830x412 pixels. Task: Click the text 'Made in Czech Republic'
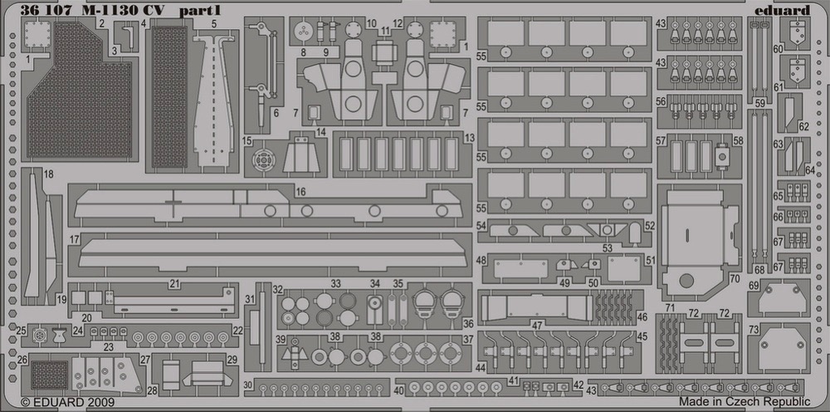(x=745, y=401)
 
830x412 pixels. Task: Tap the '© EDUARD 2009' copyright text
(x=67, y=403)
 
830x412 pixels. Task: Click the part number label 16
(x=300, y=192)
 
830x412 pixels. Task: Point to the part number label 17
(x=74, y=240)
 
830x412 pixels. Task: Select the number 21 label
(x=174, y=284)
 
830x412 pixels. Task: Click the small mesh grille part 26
(x=49, y=375)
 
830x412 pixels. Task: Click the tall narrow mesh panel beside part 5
(x=169, y=97)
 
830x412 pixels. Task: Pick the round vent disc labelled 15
(x=262, y=159)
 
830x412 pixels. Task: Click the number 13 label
(x=468, y=138)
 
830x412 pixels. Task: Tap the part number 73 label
(x=754, y=330)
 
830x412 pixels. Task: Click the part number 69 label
(x=754, y=286)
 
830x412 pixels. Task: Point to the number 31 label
(x=250, y=299)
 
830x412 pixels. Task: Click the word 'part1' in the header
(x=193, y=11)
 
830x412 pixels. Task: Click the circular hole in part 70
(x=686, y=281)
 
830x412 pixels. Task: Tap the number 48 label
(x=481, y=260)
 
